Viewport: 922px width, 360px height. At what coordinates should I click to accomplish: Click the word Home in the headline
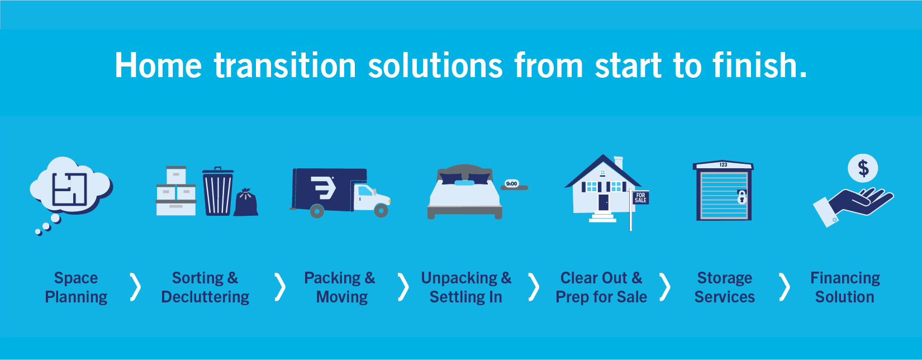click(159, 65)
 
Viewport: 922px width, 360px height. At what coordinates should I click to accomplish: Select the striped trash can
click(218, 191)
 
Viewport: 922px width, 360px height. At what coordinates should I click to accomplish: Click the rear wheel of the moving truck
click(316, 211)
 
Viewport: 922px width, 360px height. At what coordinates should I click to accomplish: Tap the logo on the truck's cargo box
click(323, 188)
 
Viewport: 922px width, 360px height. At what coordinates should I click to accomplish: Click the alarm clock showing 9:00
click(512, 184)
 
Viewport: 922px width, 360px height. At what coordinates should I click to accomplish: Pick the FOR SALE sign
click(640, 198)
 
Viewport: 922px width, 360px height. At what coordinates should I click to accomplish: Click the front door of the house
click(603, 202)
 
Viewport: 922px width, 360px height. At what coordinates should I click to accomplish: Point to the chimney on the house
click(618, 162)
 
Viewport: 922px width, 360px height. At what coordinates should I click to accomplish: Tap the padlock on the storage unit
click(742, 197)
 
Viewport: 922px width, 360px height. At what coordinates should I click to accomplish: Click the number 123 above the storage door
click(723, 165)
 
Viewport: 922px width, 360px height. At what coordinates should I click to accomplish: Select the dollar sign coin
click(863, 168)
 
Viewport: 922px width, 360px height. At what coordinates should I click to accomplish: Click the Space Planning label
click(76, 287)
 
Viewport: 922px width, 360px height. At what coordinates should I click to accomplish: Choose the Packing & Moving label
click(340, 287)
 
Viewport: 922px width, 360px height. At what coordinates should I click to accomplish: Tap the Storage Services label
click(724, 287)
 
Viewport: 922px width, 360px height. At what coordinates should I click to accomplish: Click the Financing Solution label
click(845, 287)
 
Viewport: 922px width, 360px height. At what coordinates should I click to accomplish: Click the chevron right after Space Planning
click(135, 287)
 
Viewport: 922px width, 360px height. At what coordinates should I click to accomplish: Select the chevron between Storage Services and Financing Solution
click(785, 287)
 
